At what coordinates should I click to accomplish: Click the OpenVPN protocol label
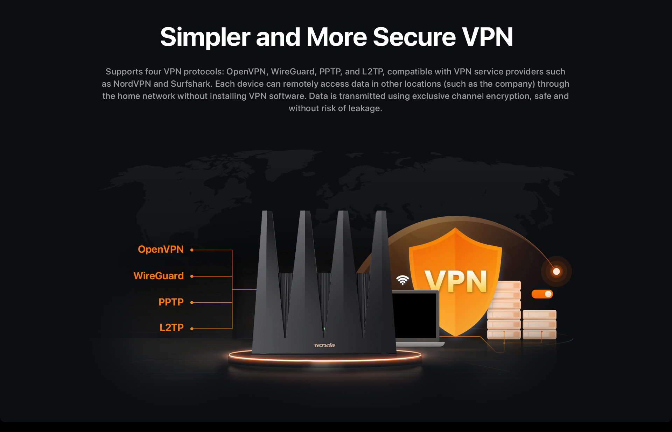[x=161, y=250]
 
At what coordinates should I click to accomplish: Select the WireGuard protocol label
[x=159, y=276]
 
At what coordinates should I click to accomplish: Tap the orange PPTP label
[x=171, y=302]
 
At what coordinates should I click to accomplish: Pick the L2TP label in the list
[x=171, y=328]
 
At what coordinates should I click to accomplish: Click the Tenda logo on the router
[x=324, y=345]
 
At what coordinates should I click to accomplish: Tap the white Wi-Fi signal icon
[x=402, y=280]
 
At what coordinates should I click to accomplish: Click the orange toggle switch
[x=542, y=294]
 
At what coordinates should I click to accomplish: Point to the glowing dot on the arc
[x=556, y=272]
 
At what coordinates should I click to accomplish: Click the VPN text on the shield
[x=456, y=281]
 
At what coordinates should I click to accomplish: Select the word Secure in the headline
[x=414, y=37]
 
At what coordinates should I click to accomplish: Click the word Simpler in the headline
[x=205, y=37]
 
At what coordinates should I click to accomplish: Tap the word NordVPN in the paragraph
[x=132, y=84]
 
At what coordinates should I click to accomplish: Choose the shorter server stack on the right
[x=539, y=324]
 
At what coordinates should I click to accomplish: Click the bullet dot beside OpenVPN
[x=192, y=250]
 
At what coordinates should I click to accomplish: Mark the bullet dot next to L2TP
[x=192, y=329]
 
